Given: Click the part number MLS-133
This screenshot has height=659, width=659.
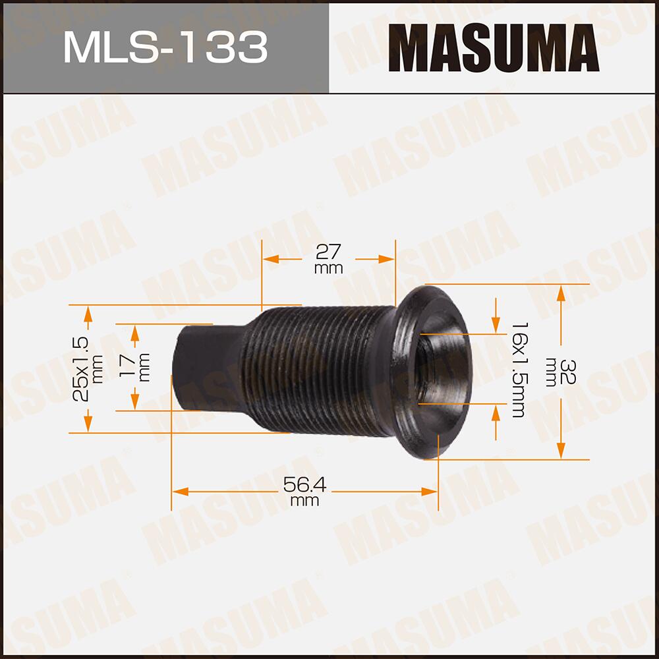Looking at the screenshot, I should tap(165, 47).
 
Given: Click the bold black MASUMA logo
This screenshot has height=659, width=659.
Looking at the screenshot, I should tap(494, 47).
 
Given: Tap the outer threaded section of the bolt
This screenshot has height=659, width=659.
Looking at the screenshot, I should tap(316, 369).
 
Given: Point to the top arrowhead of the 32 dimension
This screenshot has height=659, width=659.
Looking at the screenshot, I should tap(560, 292).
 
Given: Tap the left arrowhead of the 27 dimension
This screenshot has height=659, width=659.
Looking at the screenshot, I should tap(271, 259).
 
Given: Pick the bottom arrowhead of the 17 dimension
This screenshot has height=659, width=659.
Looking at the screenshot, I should tap(134, 403).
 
